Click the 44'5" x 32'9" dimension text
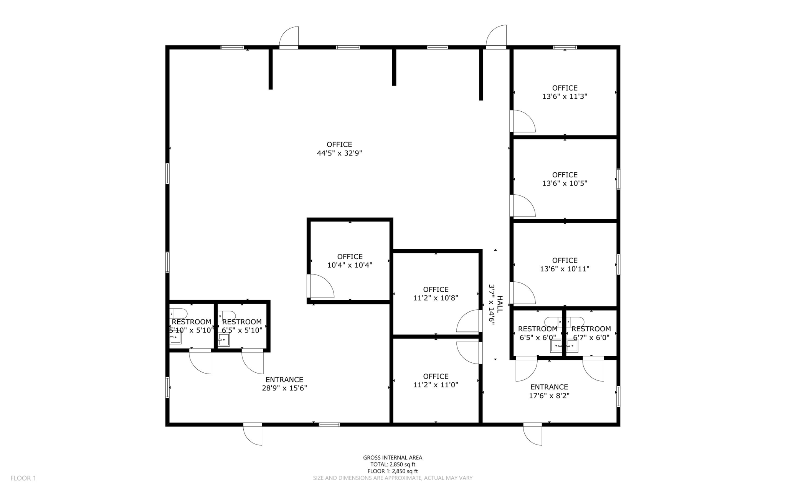(339, 153)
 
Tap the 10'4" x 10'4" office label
(350, 261)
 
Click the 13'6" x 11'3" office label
(565, 93)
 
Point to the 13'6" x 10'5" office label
(565, 179)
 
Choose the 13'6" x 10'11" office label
(565, 265)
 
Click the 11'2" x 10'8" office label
(436, 294)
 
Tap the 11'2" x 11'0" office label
(436, 380)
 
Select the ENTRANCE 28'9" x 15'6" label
(284, 384)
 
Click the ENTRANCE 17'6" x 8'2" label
(549, 391)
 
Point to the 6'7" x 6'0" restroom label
(591, 333)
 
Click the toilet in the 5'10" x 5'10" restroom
(178, 313)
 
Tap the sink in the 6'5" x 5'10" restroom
(224, 340)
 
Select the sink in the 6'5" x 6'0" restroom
(556, 346)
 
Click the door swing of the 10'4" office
(322, 287)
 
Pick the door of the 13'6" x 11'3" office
(523, 121)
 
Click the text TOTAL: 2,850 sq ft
(393, 465)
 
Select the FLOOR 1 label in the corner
(23, 478)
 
